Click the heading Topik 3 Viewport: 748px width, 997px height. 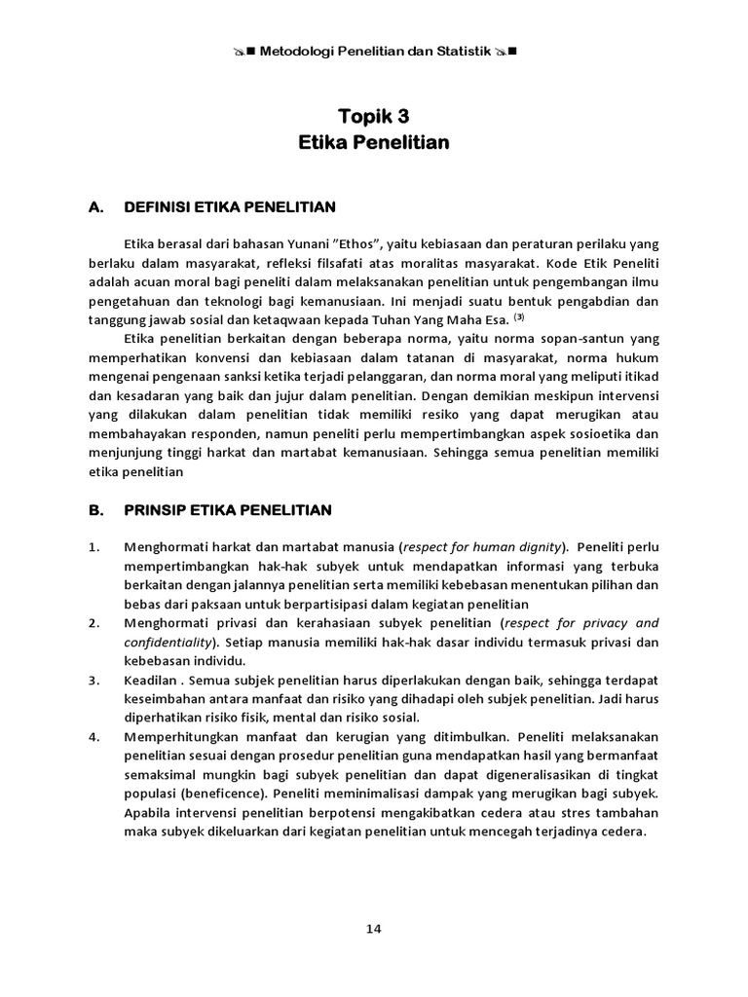tap(373, 118)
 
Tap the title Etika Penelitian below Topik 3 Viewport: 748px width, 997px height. tap(373, 142)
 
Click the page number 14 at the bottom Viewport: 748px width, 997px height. tap(374, 928)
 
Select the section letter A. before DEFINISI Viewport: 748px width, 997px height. tap(95, 206)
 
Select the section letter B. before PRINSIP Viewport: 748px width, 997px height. tap(95, 509)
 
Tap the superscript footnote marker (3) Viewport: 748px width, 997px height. tap(519, 317)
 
